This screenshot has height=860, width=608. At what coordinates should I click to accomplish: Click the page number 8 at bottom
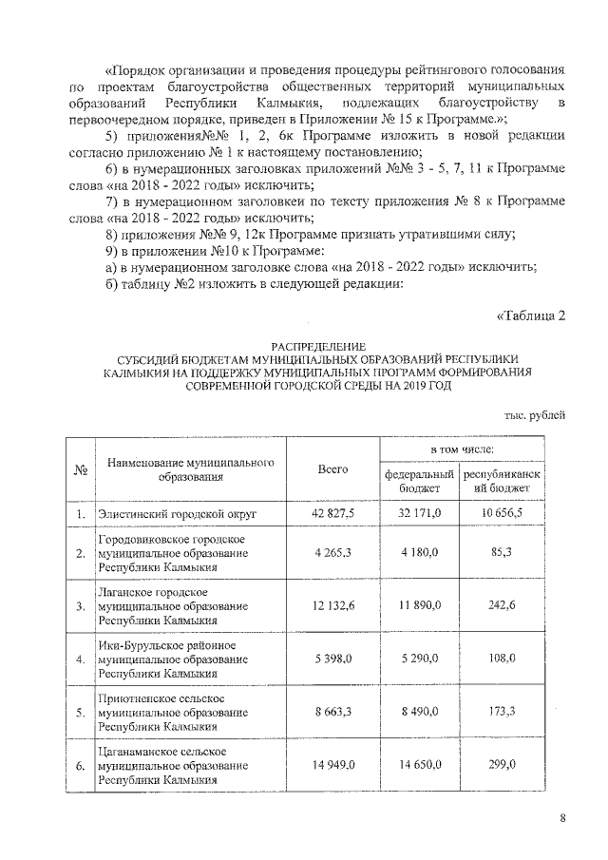562,818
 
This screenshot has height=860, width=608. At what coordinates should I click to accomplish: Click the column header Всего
332,469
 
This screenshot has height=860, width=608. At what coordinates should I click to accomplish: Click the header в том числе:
463,448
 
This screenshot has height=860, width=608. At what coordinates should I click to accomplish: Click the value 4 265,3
332,553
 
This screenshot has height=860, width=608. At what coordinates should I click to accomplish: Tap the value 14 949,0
332,763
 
